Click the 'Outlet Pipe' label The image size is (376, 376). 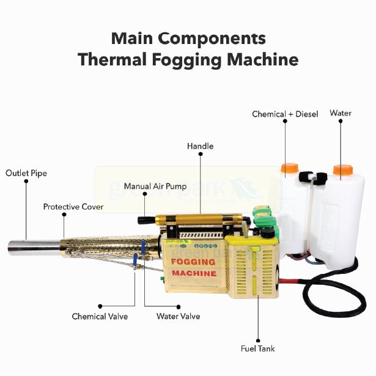click(26, 173)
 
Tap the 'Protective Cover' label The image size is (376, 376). click(73, 207)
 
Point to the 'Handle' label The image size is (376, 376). click(200, 147)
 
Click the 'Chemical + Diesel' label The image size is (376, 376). click(286, 114)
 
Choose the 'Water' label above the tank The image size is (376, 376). click(341, 113)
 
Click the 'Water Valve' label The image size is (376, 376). click(178, 317)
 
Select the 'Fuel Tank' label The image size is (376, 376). click(258, 348)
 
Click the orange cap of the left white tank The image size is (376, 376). click(289, 168)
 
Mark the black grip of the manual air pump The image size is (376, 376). click(147, 219)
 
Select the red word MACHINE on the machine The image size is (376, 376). click(193, 273)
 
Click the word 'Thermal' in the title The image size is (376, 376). click(118, 60)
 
